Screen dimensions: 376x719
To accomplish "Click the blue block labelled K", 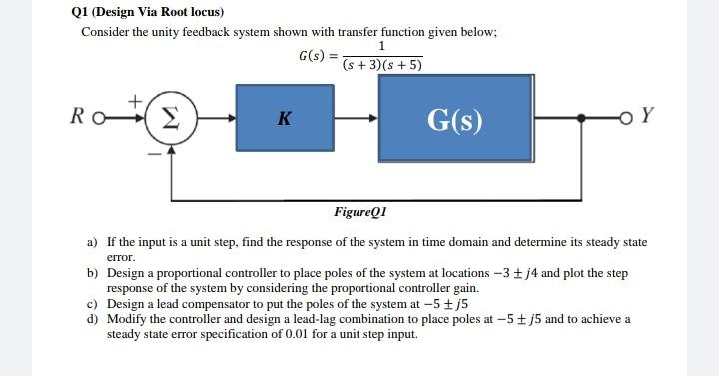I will pyautogui.click(x=283, y=118).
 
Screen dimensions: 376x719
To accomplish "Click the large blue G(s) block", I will pyautogui.click(x=454, y=118).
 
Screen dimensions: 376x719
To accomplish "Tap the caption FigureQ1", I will pyautogui.click(x=360, y=212).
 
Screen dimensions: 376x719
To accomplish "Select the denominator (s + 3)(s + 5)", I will pyautogui.click(x=382, y=66).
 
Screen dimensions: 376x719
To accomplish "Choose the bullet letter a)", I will pyautogui.click(x=92, y=242).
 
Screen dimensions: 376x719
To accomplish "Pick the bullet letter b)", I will pyautogui.click(x=92, y=272).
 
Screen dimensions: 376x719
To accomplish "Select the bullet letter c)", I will pyautogui.click(x=92, y=303).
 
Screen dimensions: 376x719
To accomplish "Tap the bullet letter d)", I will pyautogui.click(x=92, y=319).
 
